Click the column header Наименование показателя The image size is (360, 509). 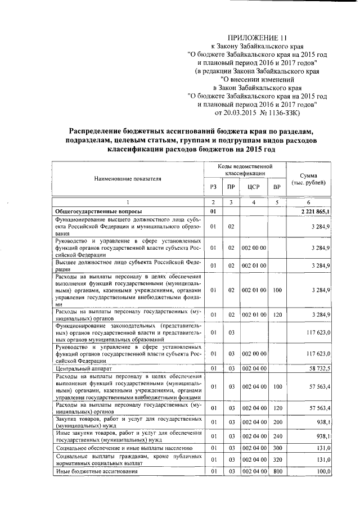(x=127, y=178)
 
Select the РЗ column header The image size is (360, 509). (x=213, y=187)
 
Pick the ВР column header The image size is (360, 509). (x=276, y=187)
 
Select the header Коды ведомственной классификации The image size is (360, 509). (x=245, y=170)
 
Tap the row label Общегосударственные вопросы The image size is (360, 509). (x=94, y=211)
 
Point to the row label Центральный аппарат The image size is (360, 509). (x=78, y=368)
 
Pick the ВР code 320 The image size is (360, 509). (x=276, y=460)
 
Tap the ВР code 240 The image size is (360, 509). (x=276, y=436)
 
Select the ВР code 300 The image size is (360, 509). (x=276, y=448)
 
